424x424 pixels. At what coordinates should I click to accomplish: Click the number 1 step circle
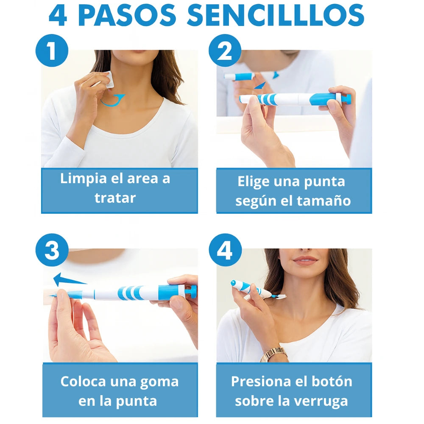(51, 50)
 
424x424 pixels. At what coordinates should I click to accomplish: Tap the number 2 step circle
(225, 50)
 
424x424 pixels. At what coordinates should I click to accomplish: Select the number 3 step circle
(51, 250)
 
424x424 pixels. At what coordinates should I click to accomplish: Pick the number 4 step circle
(225, 250)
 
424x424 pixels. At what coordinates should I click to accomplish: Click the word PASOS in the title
(127, 16)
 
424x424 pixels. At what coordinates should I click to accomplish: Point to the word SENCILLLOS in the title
(276, 16)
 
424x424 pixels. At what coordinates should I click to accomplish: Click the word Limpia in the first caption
(81, 179)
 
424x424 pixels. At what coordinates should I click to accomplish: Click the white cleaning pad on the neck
(109, 80)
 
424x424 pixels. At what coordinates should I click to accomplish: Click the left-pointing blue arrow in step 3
(68, 279)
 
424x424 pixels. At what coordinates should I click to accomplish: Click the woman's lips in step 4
(305, 260)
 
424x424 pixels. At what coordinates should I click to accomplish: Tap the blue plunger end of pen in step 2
(346, 99)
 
